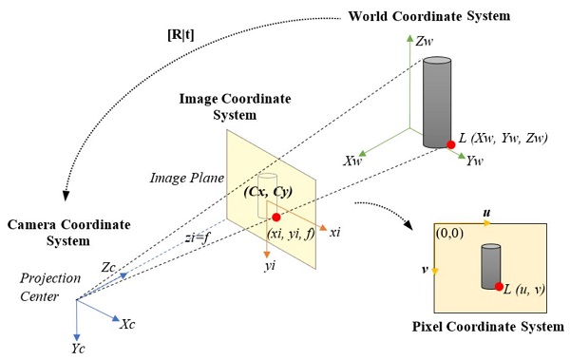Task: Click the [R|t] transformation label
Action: tap(180, 35)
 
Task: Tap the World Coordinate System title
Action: tap(429, 16)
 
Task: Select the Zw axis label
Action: tap(425, 42)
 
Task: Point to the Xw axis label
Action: tap(353, 161)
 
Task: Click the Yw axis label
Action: tap(474, 161)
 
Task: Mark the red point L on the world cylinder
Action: tap(451, 144)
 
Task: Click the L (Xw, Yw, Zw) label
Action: tap(503, 138)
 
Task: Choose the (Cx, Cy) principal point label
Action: tap(268, 191)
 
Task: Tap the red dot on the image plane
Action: tap(276, 218)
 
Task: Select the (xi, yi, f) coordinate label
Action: tap(291, 234)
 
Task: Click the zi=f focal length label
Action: tap(198, 237)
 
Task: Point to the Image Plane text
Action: tap(187, 178)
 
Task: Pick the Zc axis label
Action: tap(108, 268)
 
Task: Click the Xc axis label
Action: tap(127, 324)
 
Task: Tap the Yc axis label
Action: tap(78, 349)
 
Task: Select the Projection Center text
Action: tap(50, 287)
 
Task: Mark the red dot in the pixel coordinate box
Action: tap(499, 287)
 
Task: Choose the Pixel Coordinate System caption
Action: tap(488, 327)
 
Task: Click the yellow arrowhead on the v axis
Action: tap(435, 271)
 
